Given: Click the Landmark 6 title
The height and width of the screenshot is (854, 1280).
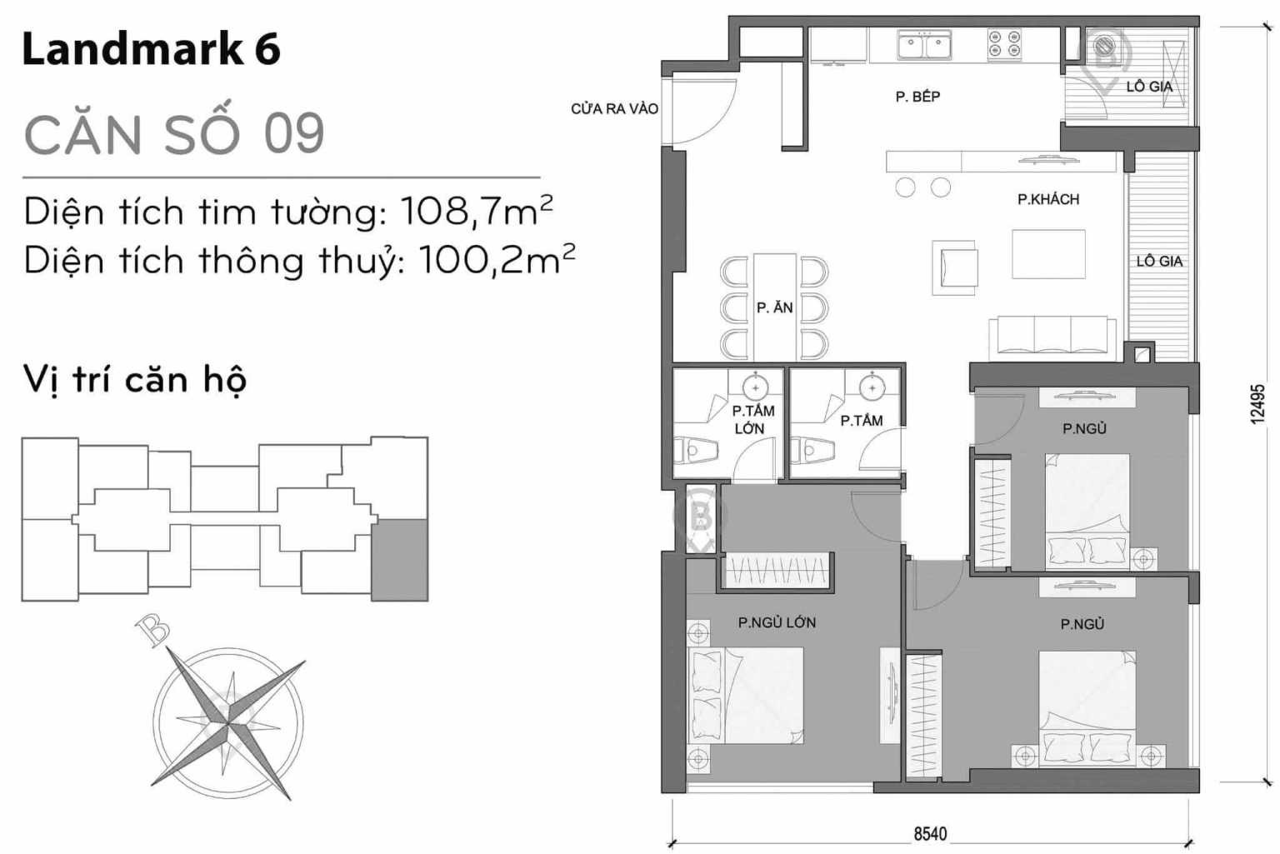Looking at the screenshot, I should pos(151,49).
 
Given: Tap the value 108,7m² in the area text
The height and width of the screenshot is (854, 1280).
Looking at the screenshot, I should pos(476,212).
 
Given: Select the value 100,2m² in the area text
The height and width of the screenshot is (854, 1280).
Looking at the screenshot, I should pos(497,260).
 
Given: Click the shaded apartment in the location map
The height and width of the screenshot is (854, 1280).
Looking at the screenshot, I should pos(399,559).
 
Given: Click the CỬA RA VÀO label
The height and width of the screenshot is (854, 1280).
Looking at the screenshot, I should pos(614,109).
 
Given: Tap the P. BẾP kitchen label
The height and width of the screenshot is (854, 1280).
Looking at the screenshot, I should pos(917,97).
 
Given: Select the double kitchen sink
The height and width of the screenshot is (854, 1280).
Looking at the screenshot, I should pos(924,45).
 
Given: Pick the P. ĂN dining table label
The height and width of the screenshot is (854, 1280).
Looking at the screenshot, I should pos(774,307).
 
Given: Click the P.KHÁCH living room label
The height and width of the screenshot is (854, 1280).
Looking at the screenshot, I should pos(1047,199).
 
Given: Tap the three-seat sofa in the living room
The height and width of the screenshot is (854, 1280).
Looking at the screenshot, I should pos(1052,337).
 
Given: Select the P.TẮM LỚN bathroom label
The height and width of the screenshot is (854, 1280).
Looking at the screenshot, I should pos(752,419).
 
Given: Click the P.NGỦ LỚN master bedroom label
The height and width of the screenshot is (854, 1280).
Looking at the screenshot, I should pos(777,622).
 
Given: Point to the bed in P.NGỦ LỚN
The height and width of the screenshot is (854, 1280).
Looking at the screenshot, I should pos(746,696).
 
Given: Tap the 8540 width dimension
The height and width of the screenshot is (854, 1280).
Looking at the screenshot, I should pos(930,833).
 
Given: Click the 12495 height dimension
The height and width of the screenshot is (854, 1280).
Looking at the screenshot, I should pos(1258,404).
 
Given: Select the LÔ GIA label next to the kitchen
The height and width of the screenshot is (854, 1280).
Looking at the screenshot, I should pos(1149,86).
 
